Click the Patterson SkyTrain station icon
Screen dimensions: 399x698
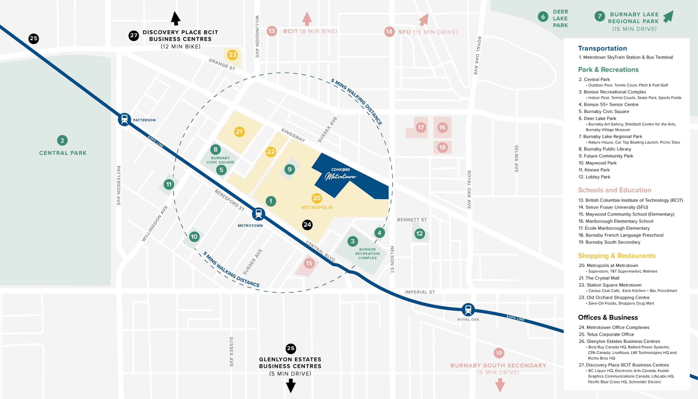(124, 119)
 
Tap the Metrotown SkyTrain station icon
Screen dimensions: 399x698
(258, 214)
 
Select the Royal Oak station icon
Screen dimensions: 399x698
(468, 309)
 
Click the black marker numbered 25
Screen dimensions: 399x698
(33, 38)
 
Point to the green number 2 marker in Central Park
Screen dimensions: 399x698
(62, 140)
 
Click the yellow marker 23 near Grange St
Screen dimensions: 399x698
(232, 55)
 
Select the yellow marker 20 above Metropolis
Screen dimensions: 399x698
(316, 198)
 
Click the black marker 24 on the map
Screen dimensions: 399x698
(307, 225)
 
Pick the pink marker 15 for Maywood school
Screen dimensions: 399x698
(309, 263)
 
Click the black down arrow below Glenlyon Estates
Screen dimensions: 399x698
(291, 386)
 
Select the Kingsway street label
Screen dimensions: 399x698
(293, 135)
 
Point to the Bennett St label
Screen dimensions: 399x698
(412, 220)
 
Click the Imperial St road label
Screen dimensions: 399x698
(419, 292)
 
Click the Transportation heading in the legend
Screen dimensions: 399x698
(602, 48)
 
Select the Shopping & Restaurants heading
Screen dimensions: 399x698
(616, 256)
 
